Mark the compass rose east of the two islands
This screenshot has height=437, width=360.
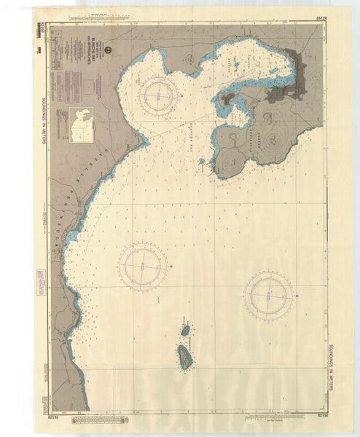(269, 294)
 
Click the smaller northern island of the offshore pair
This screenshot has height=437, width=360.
(185, 331)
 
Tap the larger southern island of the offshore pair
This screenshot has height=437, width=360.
(186, 356)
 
